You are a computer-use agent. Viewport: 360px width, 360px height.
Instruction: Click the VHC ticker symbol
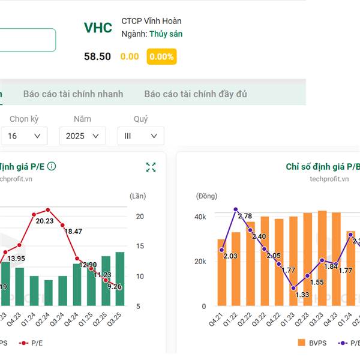(x=98, y=28)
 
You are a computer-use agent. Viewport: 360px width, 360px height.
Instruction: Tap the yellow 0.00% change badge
(x=161, y=56)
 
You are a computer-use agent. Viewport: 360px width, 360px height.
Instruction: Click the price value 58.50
(x=97, y=56)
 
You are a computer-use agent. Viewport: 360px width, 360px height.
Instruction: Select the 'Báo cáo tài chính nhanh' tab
(x=73, y=94)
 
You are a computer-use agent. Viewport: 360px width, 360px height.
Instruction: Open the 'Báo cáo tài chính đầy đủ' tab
(x=196, y=94)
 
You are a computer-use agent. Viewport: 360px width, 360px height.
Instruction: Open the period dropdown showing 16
(x=24, y=136)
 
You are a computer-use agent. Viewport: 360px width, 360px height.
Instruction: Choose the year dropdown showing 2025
(x=82, y=136)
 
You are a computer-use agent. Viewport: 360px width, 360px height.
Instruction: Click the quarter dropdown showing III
(x=140, y=136)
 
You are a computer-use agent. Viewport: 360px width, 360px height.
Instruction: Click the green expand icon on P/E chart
(x=151, y=167)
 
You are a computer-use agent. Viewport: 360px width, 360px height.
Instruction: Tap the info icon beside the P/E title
(x=52, y=166)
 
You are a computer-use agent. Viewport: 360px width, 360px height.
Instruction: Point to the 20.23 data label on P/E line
(x=44, y=221)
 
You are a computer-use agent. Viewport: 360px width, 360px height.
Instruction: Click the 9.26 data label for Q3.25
(x=114, y=286)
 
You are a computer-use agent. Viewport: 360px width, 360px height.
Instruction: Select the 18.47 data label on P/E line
(x=73, y=231)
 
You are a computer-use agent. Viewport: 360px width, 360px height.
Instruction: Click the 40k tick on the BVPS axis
(x=200, y=217)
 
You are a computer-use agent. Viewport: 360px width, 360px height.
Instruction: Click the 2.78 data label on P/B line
(x=244, y=215)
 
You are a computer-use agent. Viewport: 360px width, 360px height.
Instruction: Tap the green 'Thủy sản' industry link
(x=166, y=34)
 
